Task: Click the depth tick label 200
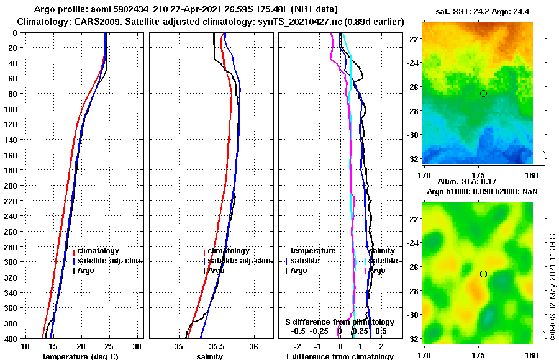point(11,186)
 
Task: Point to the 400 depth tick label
point(11,338)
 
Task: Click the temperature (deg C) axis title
point(80,356)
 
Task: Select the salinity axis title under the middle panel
point(210,356)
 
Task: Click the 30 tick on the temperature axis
point(137,346)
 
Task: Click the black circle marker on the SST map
point(483,93)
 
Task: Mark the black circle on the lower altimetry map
point(483,274)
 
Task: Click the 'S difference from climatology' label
point(339,322)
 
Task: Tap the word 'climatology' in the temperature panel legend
point(99,250)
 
